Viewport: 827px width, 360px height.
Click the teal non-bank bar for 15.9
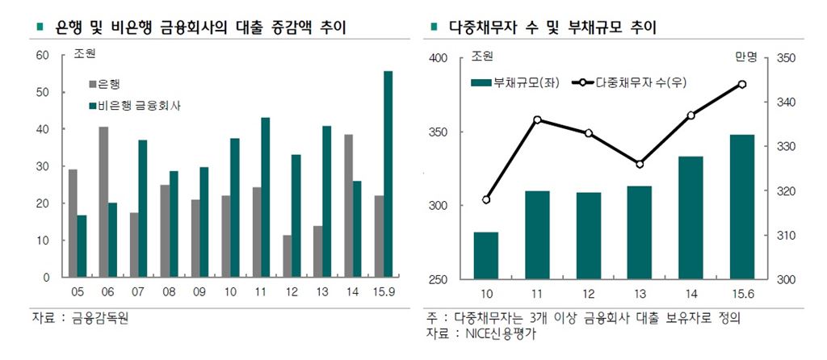[x=388, y=174]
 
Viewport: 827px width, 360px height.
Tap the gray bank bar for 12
[x=288, y=256]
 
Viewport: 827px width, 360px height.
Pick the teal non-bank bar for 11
[x=266, y=197]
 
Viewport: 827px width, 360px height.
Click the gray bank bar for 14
[x=349, y=206]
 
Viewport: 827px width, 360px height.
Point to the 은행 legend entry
[x=104, y=83]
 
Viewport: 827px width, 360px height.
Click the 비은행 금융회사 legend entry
[x=133, y=105]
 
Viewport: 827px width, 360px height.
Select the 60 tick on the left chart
[x=43, y=55]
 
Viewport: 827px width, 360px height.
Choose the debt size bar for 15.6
[x=742, y=207]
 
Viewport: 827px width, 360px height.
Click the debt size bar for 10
[x=486, y=255]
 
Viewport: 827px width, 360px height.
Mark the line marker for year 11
[x=537, y=119]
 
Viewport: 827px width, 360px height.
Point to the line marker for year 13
[x=640, y=164]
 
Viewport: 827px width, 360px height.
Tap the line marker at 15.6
[x=742, y=84]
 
